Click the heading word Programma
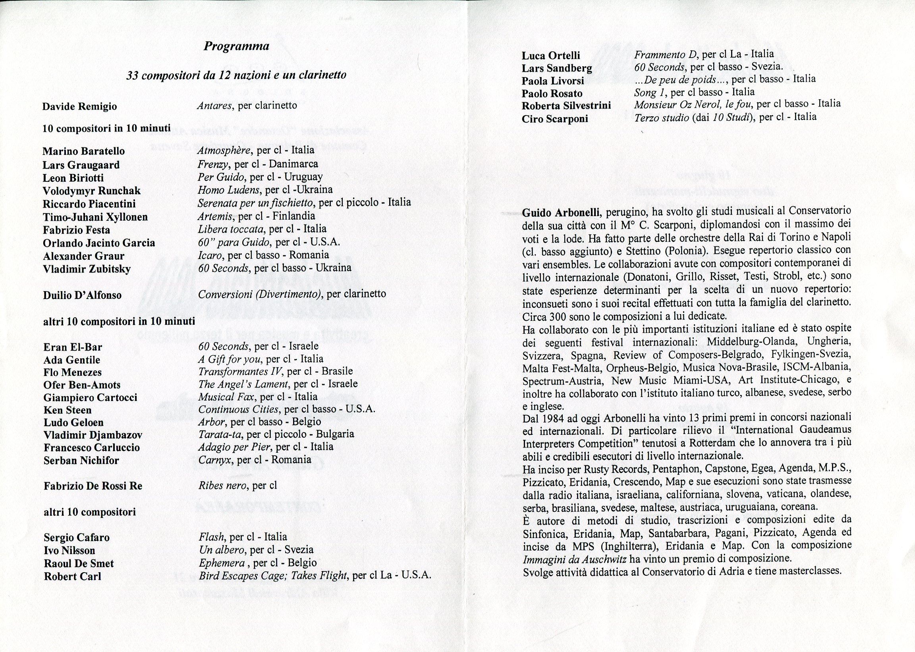(x=236, y=46)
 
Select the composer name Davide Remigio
(x=79, y=107)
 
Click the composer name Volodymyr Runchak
(x=92, y=191)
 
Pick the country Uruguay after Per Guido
(x=303, y=177)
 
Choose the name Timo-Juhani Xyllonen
(x=95, y=217)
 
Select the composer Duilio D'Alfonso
(x=82, y=295)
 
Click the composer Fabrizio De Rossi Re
(x=93, y=486)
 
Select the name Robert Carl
(x=72, y=577)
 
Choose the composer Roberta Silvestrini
(x=566, y=106)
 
